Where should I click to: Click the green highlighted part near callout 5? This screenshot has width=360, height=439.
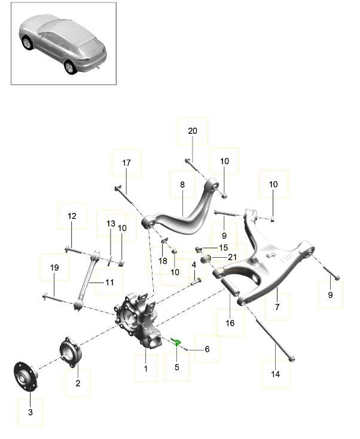click(x=176, y=342)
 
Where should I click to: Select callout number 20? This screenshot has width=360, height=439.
click(x=192, y=131)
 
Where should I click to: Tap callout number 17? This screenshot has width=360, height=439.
click(x=126, y=163)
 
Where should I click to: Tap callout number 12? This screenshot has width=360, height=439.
click(x=72, y=216)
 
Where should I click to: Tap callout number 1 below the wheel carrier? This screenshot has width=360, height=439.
click(x=145, y=369)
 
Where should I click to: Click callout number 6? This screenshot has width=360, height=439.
click(x=207, y=349)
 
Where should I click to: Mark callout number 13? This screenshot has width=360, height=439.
click(x=110, y=223)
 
